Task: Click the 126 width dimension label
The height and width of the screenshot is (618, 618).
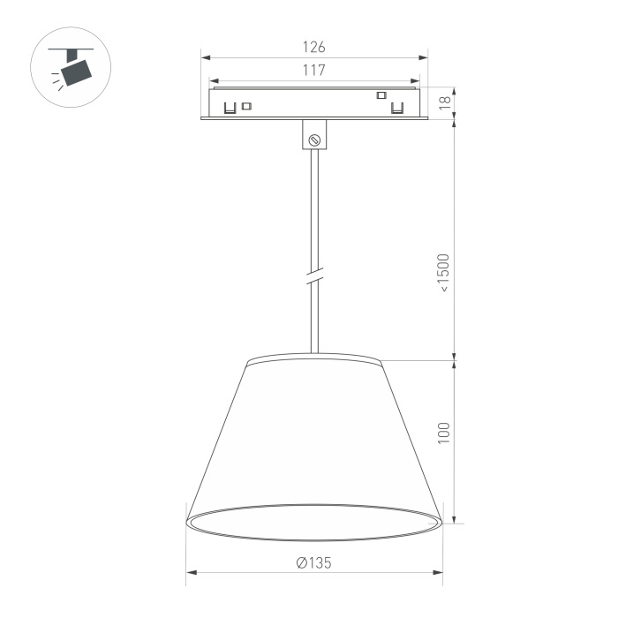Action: pyautogui.click(x=313, y=47)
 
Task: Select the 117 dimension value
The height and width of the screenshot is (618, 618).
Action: pyautogui.click(x=313, y=70)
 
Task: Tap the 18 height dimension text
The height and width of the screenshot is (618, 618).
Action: pyautogui.click(x=445, y=102)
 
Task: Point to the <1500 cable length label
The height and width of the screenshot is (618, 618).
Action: pyautogui.click(x=444, y=273)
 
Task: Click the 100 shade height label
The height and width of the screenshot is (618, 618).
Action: pyautogui.click(x=444, y=433)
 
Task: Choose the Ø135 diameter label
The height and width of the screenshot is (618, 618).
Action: pyautogui.click(x=313, y=563)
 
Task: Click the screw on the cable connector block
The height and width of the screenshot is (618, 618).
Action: pyautogui.click(x=314, y=139)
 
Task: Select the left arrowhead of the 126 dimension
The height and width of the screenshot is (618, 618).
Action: pyautogui.click(x=206, y=58)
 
